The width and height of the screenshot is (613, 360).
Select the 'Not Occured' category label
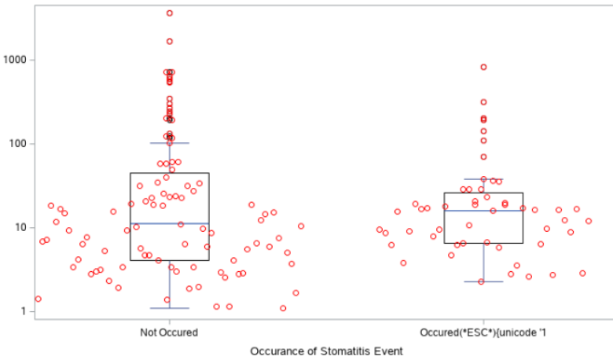(x=169, y=332)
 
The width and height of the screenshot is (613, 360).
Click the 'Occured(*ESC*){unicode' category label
(x=483, y=332)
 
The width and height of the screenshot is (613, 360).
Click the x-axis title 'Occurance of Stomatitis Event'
(x=325, y=351)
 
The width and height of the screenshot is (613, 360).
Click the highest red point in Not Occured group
(x=170, y=13)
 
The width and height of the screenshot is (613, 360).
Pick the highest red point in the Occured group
(x=483, y=67)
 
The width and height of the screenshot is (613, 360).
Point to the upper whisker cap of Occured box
(x=483, y=179)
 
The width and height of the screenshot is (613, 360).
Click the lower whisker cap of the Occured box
(x=483, y=281)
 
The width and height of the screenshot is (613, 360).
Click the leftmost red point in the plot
(x=38, y=299)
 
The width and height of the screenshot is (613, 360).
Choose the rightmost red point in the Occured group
(x=589, y=222)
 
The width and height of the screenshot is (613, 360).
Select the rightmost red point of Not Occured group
(x=301, y=226)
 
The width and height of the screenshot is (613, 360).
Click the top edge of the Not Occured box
(x=169, y=173)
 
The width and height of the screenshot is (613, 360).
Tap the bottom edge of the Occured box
(x=483, y=244)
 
